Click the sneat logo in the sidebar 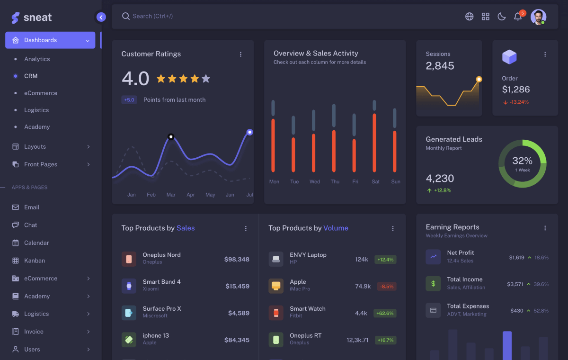coord(31,18)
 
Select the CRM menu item coord(31,76)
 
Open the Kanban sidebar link coord(35,261)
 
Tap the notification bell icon coord(517,17)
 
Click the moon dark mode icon coord(501,17)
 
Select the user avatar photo coord(538,17)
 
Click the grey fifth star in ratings coord(206,79)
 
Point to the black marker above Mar coord(171,137)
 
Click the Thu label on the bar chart coord(335,181)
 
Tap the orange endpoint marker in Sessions coord(479,79)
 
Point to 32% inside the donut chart coord(522,161)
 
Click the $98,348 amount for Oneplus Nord coord(237,259)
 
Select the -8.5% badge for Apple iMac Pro coord(387,286)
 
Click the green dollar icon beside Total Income coord(433,283)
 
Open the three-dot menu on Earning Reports coord(545,228)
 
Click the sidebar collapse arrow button coord(101,17)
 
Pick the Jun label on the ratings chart coord(230,195)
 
